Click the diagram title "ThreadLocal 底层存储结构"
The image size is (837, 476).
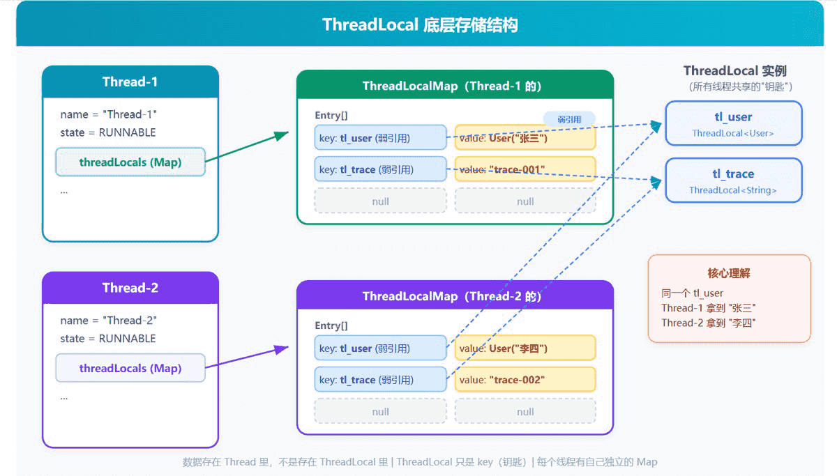click(419, 25)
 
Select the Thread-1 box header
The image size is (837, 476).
click(130, 82)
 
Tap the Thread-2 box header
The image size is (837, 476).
click(130, 288)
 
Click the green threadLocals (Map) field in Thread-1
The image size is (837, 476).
click(130, 162)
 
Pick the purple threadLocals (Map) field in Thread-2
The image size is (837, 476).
click(130, 368)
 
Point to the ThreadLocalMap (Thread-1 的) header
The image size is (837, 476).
click(455, 86)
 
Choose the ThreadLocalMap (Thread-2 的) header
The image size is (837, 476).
click(455, 296)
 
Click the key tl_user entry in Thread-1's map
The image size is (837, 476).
click(380, 138)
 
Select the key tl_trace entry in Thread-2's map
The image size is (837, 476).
click(380, 380)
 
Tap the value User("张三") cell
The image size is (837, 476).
click(525, 138)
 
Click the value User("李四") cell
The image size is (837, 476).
click(525, 348)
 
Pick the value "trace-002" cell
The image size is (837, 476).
click(525, 380)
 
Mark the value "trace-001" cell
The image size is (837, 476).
click(525, 169)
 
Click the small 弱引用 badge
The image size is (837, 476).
click(569, 119)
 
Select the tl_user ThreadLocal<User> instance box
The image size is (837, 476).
click(733, 123)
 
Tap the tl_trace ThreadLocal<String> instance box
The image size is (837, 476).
click(733, 181)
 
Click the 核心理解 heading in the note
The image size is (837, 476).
click(729, 273)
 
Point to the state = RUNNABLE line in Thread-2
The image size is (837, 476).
click(108, 339)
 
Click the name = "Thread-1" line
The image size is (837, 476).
click(109, 114)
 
